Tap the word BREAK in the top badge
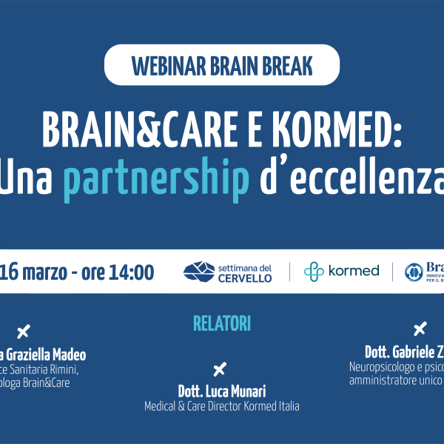click(x=283, y=66)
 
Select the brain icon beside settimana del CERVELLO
click(x=198, y=272)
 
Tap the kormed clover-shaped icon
click(x=314, y=272)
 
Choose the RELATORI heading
click(x=222, y=323)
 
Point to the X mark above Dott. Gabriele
click(x=420, y=329)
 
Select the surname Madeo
click(x=67, y=355)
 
